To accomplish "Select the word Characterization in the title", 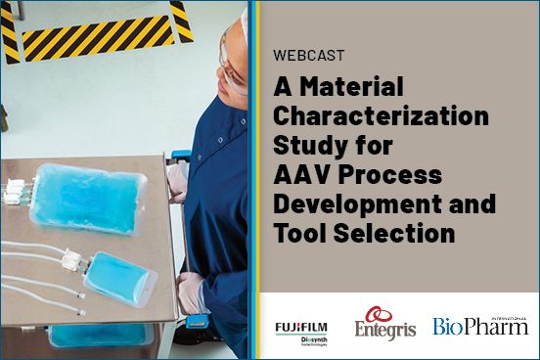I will [x=381, y=118].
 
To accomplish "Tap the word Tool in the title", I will [x=302, y=235].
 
